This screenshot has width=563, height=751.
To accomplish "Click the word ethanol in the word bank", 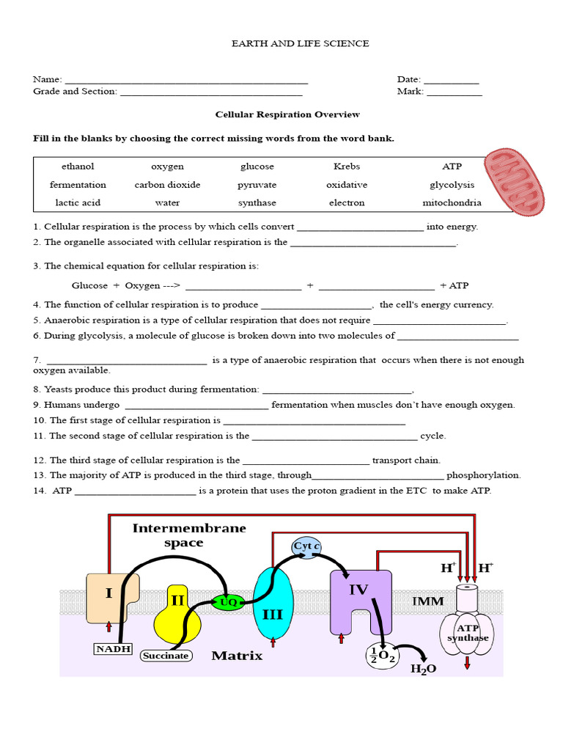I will point(78,166).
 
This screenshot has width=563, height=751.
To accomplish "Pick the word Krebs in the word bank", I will point(347,166).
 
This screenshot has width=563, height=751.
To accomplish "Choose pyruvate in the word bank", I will point(257,185).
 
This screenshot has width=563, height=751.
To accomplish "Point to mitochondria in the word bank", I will point(452,203).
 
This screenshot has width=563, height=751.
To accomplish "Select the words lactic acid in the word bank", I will point(78,203).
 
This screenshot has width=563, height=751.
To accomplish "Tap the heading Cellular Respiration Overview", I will point(287,114).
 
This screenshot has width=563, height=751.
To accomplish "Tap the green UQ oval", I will point(228,602).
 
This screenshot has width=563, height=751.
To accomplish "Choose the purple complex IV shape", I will point(359,598).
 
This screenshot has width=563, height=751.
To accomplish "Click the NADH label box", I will point(111,648).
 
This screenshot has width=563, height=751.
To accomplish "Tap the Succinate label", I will point(166,656).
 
